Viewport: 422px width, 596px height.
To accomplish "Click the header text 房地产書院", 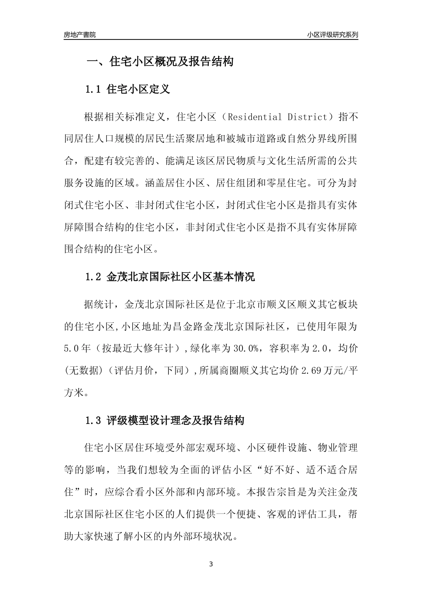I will (x=80, y=35).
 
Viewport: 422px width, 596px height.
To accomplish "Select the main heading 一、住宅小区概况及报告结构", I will (x=159, y=62).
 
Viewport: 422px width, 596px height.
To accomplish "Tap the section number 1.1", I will (x=93, y=89).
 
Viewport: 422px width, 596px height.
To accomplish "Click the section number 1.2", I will (x=93, y=278).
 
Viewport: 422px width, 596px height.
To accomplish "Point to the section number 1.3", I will (x=93, y=420).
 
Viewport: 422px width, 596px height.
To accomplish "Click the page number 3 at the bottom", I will (x=211, y=565).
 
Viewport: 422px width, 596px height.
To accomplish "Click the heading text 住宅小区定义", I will (x=139, y=89).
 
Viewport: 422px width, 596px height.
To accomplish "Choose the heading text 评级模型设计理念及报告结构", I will (x=175, y=420).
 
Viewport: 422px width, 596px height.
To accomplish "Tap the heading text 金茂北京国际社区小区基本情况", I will (x=181, y=278).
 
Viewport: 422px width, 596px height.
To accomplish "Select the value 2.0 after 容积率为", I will (x=320, y=349).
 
